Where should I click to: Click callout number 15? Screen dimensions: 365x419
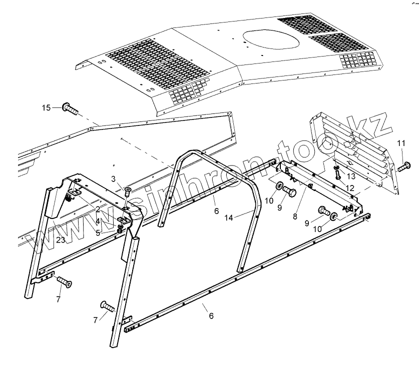click(46, 107)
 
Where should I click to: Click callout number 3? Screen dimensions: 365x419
click(113, 178)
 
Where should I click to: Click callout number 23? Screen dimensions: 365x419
click(61, 240)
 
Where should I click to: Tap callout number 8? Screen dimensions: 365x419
click(295, 217)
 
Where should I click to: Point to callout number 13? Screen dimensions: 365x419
click(350, 176)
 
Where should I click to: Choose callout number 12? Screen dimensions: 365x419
click(349, 188)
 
